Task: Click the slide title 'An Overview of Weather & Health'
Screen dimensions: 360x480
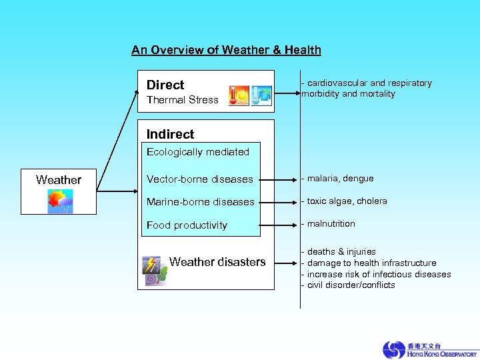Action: [x=226, y=50]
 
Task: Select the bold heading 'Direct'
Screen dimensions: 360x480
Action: [x=165, y=85]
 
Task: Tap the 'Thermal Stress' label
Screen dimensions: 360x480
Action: [x=182, y=100]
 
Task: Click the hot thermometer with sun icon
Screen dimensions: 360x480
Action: [x=239, y=95]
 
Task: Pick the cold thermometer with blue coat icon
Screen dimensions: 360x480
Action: [x=261, y=95]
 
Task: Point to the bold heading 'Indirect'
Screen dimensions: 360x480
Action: [x=170, y=134]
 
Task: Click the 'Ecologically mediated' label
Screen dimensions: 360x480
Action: [x=197, y=152]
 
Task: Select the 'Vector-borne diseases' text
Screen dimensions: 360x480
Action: [x=199, y=179]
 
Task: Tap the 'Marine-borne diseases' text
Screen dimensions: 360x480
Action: [x=200, y=202]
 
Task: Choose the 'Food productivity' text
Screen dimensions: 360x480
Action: [x=187, y=225]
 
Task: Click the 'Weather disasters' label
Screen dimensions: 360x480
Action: [x=217, y=262]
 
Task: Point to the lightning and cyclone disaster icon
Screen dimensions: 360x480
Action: [x=154, y=270]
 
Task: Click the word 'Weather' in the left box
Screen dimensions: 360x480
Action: [x=59, y=180]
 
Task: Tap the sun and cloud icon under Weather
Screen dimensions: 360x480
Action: [x=60, y=201]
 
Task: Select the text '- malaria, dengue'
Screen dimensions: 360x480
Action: [x=337, y=179]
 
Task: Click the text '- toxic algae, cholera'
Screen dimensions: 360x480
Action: [x=344, y=201]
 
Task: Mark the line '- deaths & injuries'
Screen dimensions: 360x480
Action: [x=339, y=252]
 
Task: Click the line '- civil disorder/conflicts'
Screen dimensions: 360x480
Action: [x=348, y=285]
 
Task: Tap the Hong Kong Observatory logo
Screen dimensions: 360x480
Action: [x=429, y=349]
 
